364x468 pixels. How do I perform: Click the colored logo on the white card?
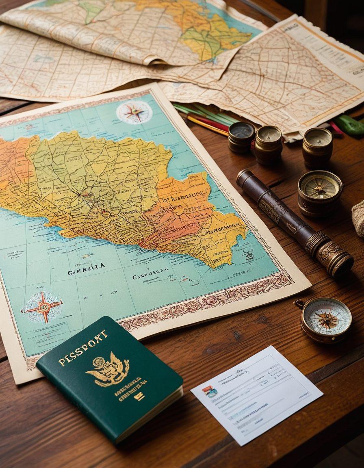tap(210, 392)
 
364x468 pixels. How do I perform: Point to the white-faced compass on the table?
tap(326, 319)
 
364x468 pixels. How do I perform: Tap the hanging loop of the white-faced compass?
tap(300, 303)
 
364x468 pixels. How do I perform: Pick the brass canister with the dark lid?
tap(241, 136)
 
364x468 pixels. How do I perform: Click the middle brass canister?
tap(268, 143)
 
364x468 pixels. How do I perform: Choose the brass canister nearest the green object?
tap(317, 146)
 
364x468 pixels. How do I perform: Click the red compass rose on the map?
tap(43, 306)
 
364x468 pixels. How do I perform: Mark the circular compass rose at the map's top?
tap(134, 112)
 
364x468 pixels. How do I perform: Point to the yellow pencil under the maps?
tap(207, 126)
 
